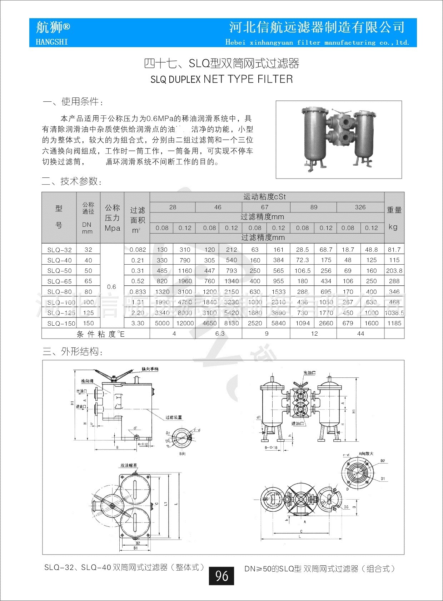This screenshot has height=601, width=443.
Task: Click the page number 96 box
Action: pos(221,576)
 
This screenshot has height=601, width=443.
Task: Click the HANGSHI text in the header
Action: pos(52,42)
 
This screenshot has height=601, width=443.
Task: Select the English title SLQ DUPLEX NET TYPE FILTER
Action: pos(221,79)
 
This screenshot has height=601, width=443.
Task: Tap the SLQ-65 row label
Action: pos(59,281)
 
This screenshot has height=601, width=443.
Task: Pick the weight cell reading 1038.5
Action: pos(394,313)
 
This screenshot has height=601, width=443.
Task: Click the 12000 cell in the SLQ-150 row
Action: pos(185,323)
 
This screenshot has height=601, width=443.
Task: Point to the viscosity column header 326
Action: pos(360,207)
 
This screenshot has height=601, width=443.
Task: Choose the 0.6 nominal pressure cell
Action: pos(111,286)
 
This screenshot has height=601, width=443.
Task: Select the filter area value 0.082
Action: pos(138,250)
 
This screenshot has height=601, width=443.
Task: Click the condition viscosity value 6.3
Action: pos(220,334)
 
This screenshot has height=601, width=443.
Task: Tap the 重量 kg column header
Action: pos(394,218)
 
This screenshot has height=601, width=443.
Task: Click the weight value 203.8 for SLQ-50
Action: pos(394,271)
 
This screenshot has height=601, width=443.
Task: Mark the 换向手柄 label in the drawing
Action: pos(150,369)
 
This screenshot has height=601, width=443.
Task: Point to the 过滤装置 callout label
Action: pos(174,417)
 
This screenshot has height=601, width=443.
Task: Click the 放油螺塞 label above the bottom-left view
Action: pos(129,465)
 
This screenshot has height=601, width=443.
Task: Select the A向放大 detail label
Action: pos(366,454)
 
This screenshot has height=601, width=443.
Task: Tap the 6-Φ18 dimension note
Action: pos(271,447)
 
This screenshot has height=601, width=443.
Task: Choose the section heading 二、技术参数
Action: pos(72,181)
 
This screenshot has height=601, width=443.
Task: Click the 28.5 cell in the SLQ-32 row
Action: pos(302,250)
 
